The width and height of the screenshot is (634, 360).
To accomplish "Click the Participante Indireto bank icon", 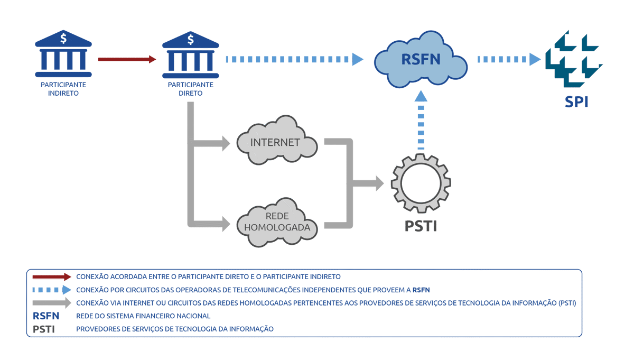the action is coord(63,53).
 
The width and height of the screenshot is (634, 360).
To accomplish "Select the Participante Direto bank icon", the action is coord(191,54).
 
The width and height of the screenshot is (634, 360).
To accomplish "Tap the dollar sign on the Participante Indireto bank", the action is coord(63,38).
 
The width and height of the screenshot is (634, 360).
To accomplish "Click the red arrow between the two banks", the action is coord(127,59).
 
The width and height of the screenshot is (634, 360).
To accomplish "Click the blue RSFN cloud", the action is coord(421,59).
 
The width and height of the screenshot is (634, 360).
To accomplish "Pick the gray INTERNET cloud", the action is coord(277,140).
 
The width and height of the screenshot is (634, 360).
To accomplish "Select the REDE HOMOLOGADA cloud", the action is coord(277,223).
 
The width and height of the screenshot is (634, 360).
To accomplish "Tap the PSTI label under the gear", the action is coord(421,226).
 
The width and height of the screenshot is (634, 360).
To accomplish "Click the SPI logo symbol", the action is coord(574,59).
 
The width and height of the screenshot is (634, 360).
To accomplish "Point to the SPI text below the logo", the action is coord(576,101).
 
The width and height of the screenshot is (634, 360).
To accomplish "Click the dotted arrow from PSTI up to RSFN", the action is coord(421,120).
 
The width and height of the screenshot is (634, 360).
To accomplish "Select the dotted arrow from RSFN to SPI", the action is coord(509,59).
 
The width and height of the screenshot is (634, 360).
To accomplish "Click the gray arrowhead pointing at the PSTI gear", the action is coord(379,183).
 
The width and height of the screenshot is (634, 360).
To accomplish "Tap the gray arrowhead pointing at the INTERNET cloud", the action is coord(226,143).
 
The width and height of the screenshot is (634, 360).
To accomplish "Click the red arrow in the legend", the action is coord(52,276).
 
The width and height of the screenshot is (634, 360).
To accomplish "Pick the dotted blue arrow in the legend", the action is coord(52,290).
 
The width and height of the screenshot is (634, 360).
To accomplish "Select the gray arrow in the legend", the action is coord(52,303).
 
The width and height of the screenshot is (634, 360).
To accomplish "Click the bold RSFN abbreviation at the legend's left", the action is coord(46,316).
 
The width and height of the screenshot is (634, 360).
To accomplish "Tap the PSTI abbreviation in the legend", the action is coord(43,329).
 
